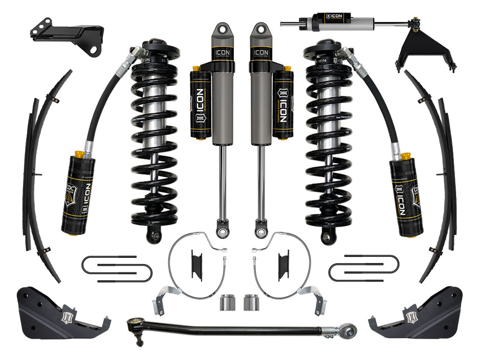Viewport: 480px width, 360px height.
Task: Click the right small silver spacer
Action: click(x=250, y=302)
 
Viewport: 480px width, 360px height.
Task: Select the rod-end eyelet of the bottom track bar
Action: click(x=348, y=330)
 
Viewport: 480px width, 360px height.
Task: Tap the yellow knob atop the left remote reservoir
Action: click(x=79, y=154)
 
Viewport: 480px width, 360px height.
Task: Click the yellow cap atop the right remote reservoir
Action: click(x=406, y=155)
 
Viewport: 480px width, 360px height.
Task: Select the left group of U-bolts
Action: click(x=117, y=268)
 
